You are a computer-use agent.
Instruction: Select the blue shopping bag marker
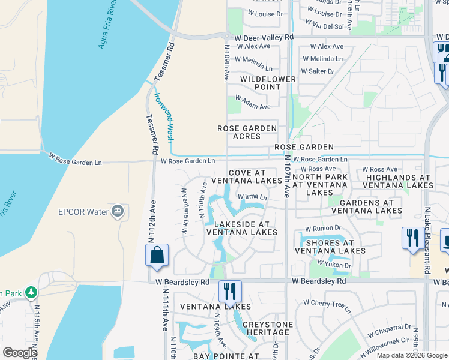157,254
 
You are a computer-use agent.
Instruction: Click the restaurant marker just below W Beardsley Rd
230,292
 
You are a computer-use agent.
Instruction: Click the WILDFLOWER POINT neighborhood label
268,83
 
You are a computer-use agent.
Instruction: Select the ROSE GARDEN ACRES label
247,132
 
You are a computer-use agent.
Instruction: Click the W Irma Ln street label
252,197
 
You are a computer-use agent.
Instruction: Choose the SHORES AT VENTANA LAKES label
330,247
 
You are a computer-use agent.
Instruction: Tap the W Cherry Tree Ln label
326,305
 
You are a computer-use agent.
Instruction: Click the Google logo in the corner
20,353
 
